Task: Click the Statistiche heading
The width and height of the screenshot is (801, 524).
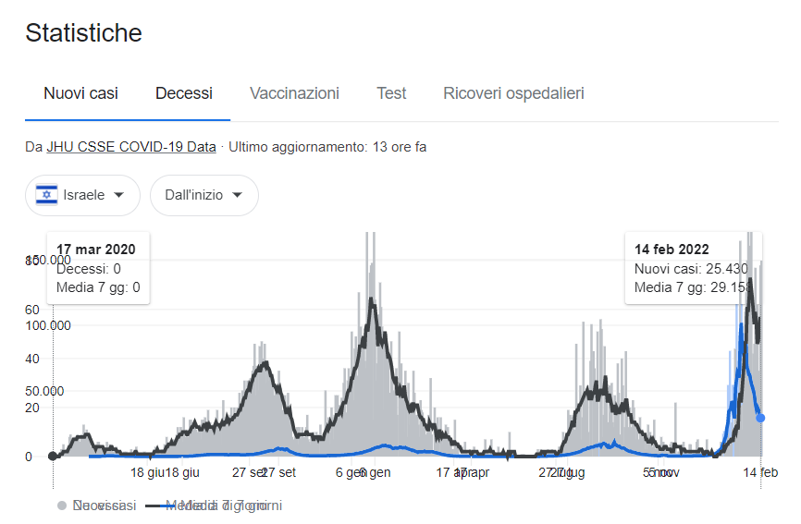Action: pos(83,33)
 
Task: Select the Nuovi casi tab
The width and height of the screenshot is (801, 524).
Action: pos(80,93)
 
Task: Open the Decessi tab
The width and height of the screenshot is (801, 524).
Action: pos(184,93)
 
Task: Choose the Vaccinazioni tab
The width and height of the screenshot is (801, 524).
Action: pos(294,93)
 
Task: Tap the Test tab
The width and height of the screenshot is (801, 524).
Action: pos(391,93)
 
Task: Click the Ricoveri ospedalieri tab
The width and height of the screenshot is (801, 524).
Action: pos(513,93)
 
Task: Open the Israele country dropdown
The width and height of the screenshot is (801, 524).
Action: pos(82,195)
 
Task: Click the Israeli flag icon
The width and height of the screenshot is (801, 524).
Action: pos(46,195)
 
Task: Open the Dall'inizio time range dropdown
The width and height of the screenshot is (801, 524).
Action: pos(203,195)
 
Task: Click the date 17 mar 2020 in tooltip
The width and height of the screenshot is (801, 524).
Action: pos(96,250)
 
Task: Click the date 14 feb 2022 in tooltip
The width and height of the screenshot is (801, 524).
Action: pos(672,250)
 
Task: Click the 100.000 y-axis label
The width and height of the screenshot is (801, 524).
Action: pos(47,325)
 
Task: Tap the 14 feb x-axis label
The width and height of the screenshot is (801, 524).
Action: pos(761,472)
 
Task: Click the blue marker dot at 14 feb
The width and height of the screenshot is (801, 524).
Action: pos(760,418)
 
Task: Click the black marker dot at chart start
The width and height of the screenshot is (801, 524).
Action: pos(53,456)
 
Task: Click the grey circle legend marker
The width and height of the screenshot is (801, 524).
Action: pos(62,506)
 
